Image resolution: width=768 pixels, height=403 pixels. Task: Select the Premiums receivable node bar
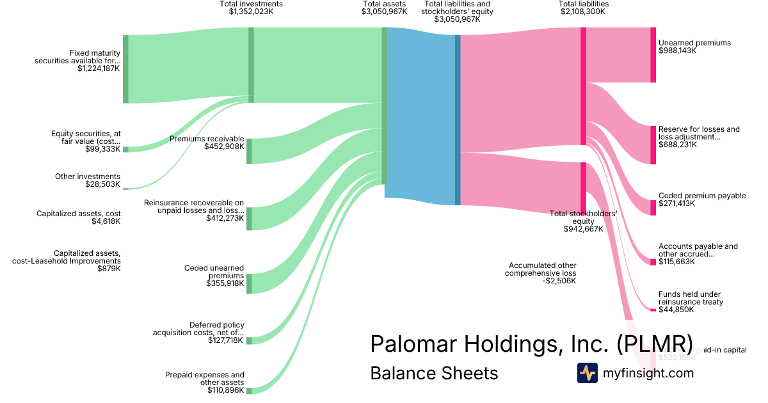pos(249,151)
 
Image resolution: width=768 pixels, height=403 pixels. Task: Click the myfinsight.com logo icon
pos(587,373)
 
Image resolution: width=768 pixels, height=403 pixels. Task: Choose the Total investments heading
pos(251,4)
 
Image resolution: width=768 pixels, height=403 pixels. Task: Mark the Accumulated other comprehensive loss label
pos(543,269)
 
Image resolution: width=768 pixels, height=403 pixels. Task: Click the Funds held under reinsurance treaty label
pos(691,298)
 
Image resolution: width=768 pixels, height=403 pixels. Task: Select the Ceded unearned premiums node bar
pos(249,283)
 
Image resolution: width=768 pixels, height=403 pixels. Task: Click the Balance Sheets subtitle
pos(434,373)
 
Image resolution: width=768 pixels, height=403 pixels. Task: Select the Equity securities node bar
pos(125,149)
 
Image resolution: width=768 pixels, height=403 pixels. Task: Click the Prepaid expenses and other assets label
pos(204,379)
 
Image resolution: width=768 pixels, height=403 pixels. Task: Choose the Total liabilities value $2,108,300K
pos(583,12)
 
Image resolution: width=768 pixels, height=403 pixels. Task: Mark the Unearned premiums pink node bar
pos(653,55)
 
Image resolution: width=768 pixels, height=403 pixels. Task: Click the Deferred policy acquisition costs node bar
pos(249,340)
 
